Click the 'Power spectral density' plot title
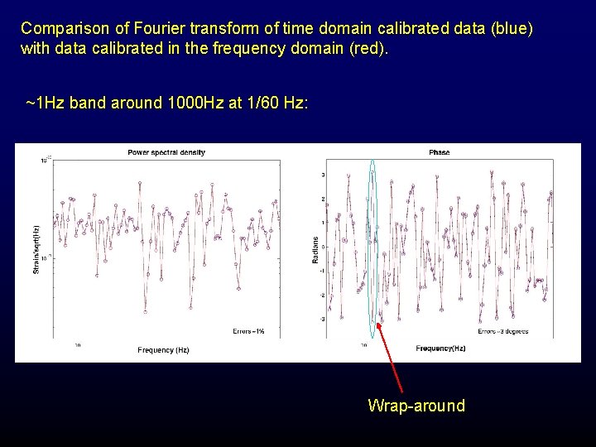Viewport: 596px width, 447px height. click(166, 152)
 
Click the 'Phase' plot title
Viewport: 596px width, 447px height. click(439, 152)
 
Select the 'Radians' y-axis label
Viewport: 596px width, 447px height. click(315, 249)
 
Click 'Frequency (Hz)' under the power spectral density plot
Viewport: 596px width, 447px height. click(163, 350)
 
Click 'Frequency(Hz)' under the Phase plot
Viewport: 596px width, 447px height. click(441, 348)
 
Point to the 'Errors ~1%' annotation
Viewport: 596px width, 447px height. click(248, 331)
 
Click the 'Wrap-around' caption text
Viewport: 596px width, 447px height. click(416, 406)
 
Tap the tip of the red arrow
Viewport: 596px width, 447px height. click(373, 329)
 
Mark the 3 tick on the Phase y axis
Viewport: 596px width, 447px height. click(322, 175)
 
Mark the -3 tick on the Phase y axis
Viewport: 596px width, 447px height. click(321, 319)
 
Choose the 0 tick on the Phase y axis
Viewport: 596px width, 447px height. click(322, 247)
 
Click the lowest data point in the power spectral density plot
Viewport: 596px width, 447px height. click(145, 312)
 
